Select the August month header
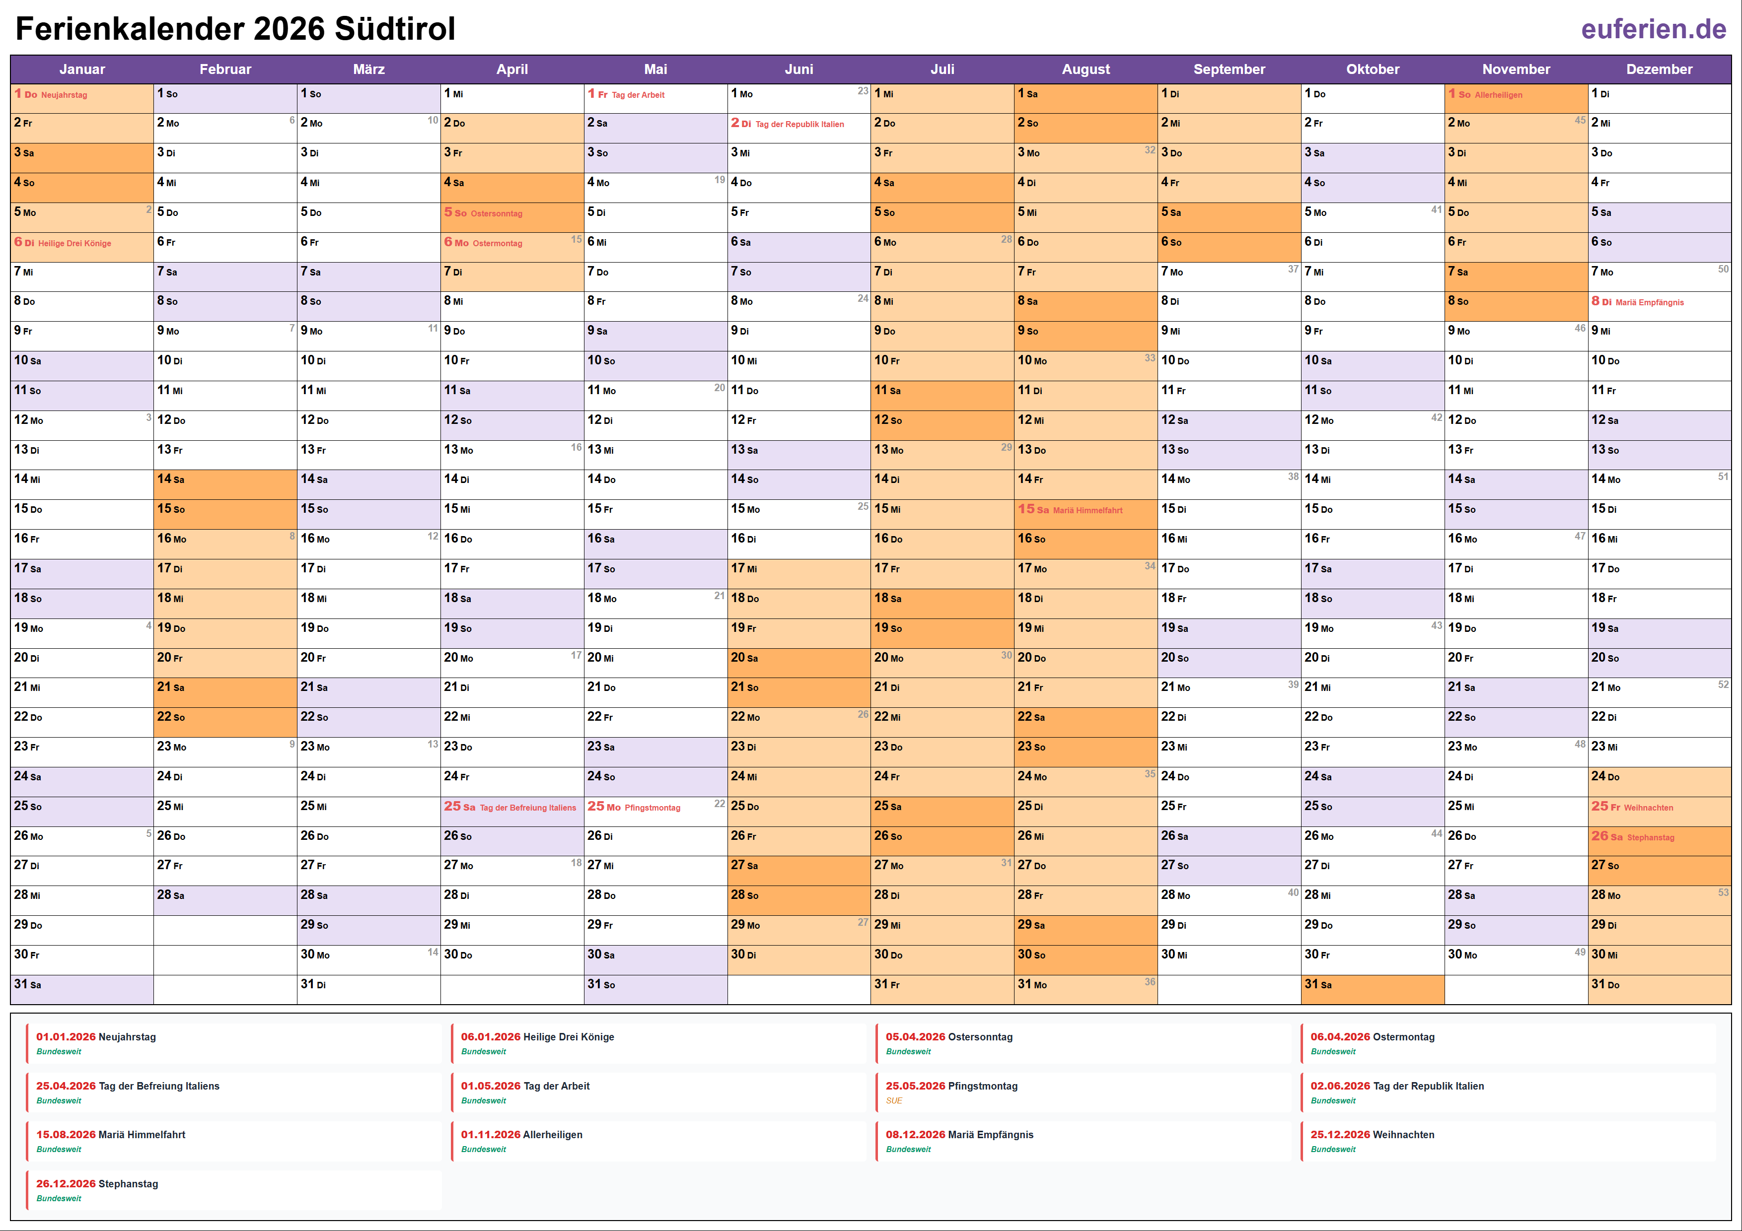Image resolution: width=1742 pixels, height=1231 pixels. (x=1085, y=69)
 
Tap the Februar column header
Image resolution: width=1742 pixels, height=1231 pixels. (x=225, y=69)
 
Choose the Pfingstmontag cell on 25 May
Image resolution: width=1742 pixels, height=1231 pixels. (x=655, y=807)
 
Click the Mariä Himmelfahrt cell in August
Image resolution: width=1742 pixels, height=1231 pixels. (x=1085, y=510)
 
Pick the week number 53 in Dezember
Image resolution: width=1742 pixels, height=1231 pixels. (x=1723, y=892)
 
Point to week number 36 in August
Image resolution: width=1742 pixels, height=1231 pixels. (x=1150, y=981)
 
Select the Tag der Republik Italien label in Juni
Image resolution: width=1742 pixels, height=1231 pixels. (x=799, y=125)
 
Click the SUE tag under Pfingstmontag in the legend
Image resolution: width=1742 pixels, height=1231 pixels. (x=894, y=1100)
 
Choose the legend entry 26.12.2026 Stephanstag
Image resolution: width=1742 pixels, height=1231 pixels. (x=97, y=1184)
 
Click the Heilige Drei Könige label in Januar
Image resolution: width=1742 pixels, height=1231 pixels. (x=74, y=243)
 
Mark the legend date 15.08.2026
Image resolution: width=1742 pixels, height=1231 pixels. (x=65, y=1135)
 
